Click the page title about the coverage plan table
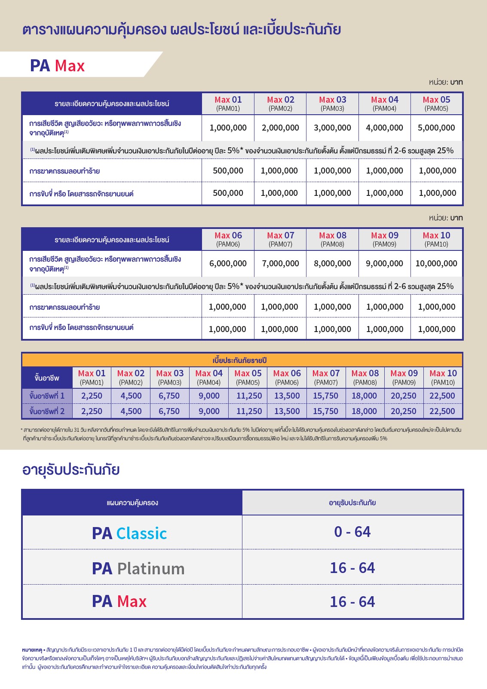point(181,30)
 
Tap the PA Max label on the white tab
point(57,66)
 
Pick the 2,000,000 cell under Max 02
point(280,128)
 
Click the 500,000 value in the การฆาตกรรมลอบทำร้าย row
point(228,171)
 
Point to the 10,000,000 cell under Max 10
point(436,263)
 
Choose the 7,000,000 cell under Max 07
point(280,263)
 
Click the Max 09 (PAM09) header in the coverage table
point(385,239)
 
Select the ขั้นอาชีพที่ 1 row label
point(47,396)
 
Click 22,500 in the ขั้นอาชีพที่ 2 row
point(442,411)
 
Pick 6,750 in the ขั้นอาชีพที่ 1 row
point(169,396)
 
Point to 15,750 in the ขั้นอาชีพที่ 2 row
point(325,411)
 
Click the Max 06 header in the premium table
point(287,377)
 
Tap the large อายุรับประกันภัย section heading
point(71,469)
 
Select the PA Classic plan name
point(129,533)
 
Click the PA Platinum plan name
point(138,568)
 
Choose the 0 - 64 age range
point(352,532)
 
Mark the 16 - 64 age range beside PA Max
point(352,602)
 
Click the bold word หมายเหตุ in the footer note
point(32,650)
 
